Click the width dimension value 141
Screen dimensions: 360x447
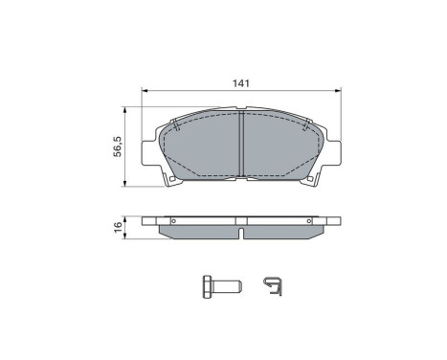point(242,83)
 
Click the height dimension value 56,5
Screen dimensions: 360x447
point(118,147)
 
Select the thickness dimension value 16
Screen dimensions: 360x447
point(118,227)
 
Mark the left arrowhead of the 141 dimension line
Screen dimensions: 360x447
point(145,92)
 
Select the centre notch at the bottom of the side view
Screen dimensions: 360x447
point(242,233)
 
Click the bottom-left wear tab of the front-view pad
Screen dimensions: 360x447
point(170,180)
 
